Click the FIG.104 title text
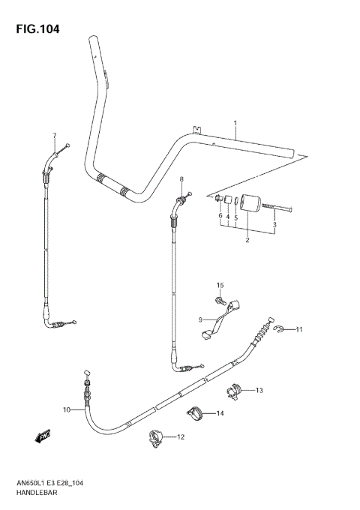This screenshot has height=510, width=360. (36, 30)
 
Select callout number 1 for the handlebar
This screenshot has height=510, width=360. (235, 122)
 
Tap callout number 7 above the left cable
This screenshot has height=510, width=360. (54, 135)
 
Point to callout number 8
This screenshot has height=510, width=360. (181, 179)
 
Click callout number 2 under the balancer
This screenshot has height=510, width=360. (247, 240)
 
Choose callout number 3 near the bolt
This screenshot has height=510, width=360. (275, 223)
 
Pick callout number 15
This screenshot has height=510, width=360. (220, 286)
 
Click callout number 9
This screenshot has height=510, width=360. (201, 319)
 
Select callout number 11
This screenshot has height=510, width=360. (298, 330)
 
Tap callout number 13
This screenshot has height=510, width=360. (259, 391)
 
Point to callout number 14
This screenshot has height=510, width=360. (220, 413)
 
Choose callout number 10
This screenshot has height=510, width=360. (67, 410)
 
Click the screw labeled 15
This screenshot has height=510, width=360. (220, 301)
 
